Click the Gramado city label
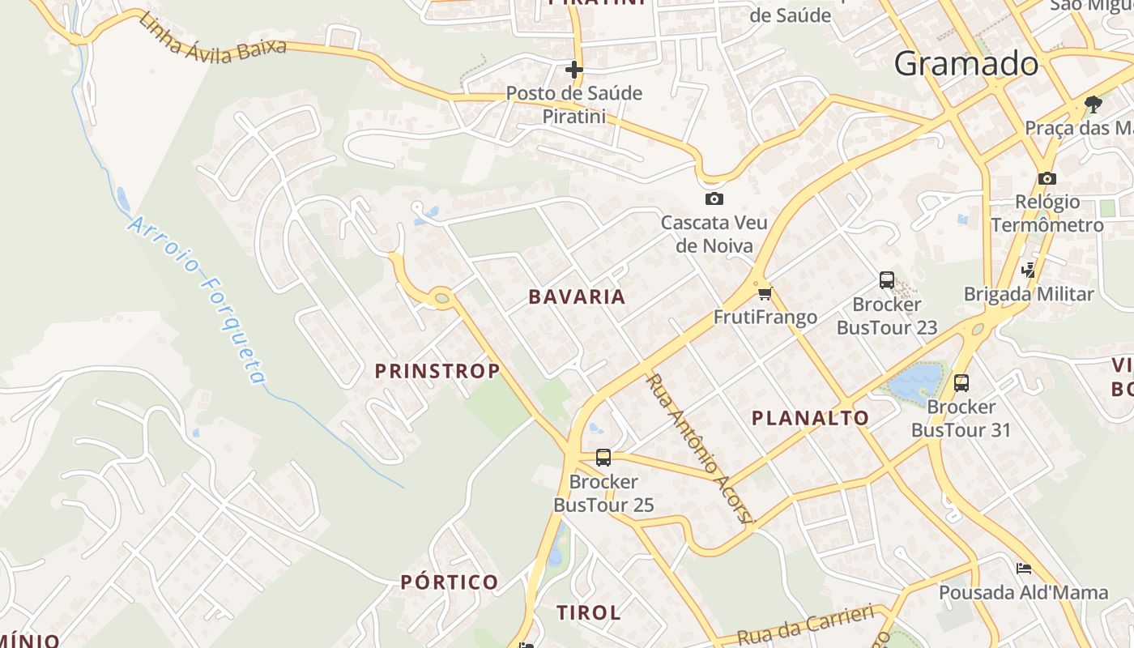[966, 63]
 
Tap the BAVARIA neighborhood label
[577, 297]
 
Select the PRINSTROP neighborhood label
[437, 371]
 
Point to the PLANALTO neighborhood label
[810, 418]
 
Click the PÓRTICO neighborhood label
[450, 582]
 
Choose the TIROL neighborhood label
[589, 613]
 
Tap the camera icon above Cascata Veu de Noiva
[714, 198]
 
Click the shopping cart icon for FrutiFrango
[765, 293]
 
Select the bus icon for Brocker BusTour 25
[603, 458]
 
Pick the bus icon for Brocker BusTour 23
[887, 280]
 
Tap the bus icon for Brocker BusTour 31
[961, 383]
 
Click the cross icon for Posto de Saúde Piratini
[574, 70]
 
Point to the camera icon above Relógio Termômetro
[1047, 178]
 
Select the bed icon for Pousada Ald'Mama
[1024, 569]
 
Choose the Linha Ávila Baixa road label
[212, 39]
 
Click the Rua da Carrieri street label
[805, 625]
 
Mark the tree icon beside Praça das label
[1093, 104]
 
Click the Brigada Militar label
[1028, 294]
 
